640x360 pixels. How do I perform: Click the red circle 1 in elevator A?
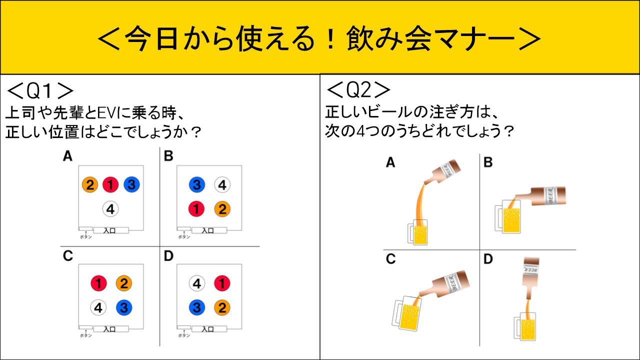tap(110, 185)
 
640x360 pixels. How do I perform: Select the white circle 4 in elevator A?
tap(110, 209)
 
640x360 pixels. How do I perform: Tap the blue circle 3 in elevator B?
tap(197, 185)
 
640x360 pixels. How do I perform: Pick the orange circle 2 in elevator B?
tap(221, 208)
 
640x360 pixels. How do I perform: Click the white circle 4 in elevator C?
tap(98, 307)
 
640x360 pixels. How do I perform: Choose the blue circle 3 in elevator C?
tap(123, 307)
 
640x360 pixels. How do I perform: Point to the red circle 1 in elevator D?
tap(221, 284)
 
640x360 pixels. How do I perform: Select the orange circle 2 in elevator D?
tap(221, 307)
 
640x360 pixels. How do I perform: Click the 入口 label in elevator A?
tap(111, 230)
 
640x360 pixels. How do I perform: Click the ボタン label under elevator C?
tap(85, 335)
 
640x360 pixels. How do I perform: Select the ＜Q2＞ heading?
tap(358, 90)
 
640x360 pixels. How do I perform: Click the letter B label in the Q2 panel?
tap(488, 162)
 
